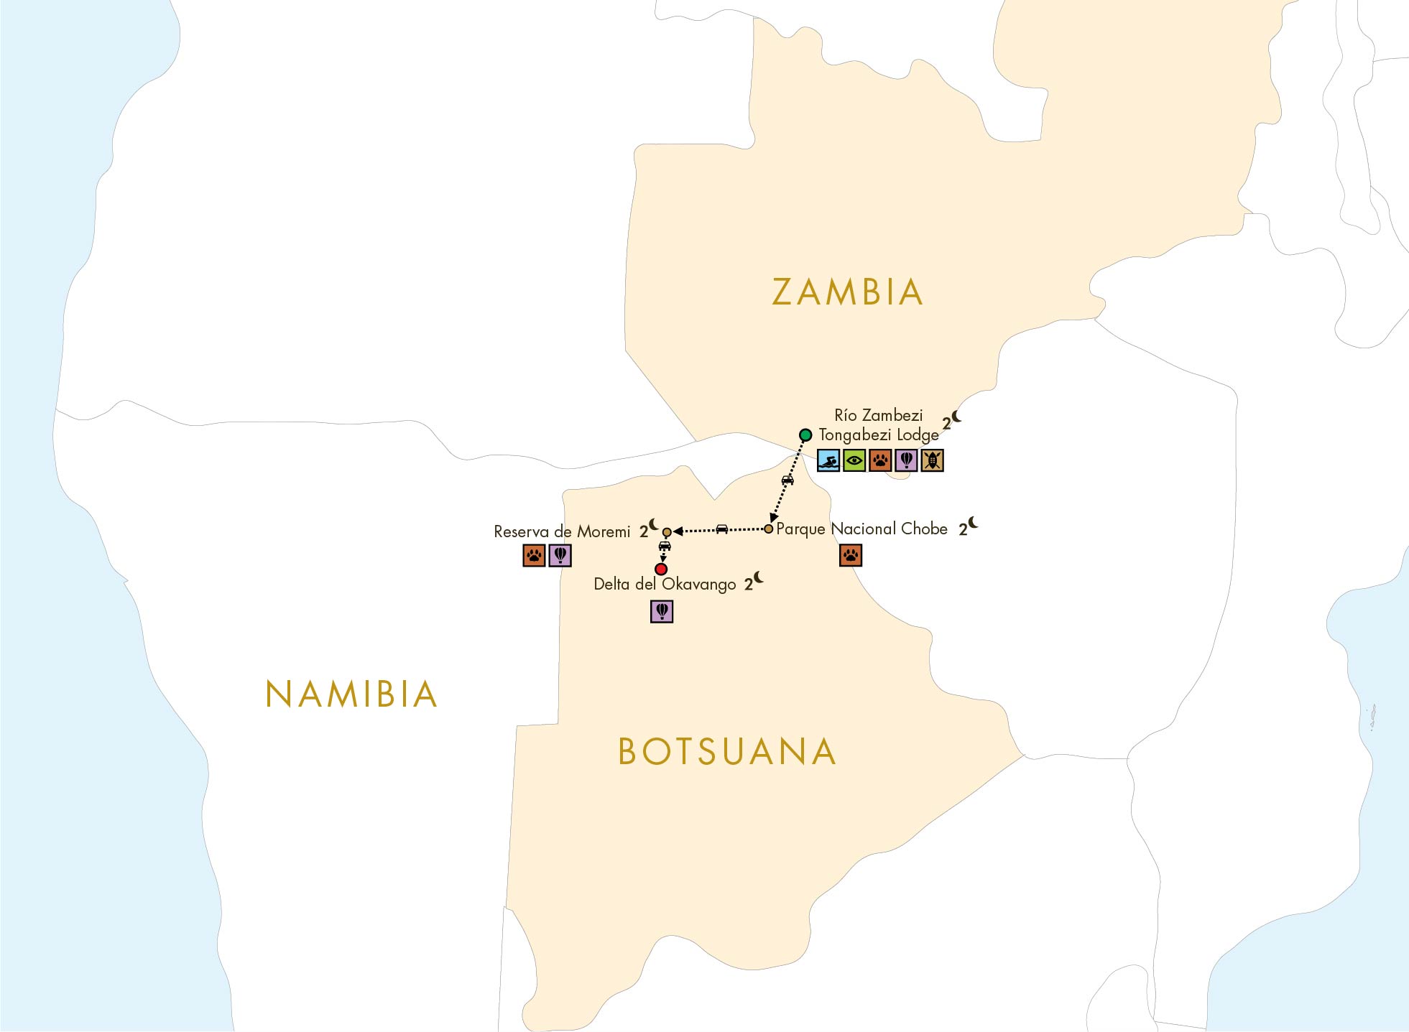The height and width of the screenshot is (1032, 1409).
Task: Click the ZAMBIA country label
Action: [x=847, y=292]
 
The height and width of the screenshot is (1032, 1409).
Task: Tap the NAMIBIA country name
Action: [x=351, y=694]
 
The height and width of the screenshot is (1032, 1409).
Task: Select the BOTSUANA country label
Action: [x=726, y=752]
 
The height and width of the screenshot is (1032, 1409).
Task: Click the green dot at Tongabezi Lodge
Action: [x=805, y=435]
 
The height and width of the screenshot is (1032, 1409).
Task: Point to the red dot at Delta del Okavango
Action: [x=661, y=570]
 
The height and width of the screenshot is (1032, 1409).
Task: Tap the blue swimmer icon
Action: [x=828, y=460]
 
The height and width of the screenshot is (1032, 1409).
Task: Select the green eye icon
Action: [x=854, y=460]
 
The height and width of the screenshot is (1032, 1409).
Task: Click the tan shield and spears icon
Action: [x=933, y=460]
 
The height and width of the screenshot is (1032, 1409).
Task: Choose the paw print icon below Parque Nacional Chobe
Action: [x=851, y=555]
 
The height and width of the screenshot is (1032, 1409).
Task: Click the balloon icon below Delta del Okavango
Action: [x=662, y=612]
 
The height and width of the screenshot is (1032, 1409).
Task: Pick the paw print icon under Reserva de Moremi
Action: [x=534, y=556]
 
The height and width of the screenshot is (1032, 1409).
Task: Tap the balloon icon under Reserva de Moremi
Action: [x=560, y=556]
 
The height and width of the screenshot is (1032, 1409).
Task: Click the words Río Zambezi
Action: [x=878, y=415]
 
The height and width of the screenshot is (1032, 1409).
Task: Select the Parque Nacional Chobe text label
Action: [x=861, y=529]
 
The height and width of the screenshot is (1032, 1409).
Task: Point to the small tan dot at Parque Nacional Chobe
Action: [x=769, y=529]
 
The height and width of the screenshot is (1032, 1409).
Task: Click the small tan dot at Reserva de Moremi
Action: [x=667, y=532]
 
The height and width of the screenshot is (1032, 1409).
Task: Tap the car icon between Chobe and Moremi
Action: [x=722, y=529]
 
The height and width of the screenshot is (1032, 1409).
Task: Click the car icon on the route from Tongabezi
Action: [x=787, y=480]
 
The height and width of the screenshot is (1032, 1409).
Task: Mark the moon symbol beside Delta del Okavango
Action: [x=758, y=578]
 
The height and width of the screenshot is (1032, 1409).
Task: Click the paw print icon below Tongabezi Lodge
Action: [x=880, y=460]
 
